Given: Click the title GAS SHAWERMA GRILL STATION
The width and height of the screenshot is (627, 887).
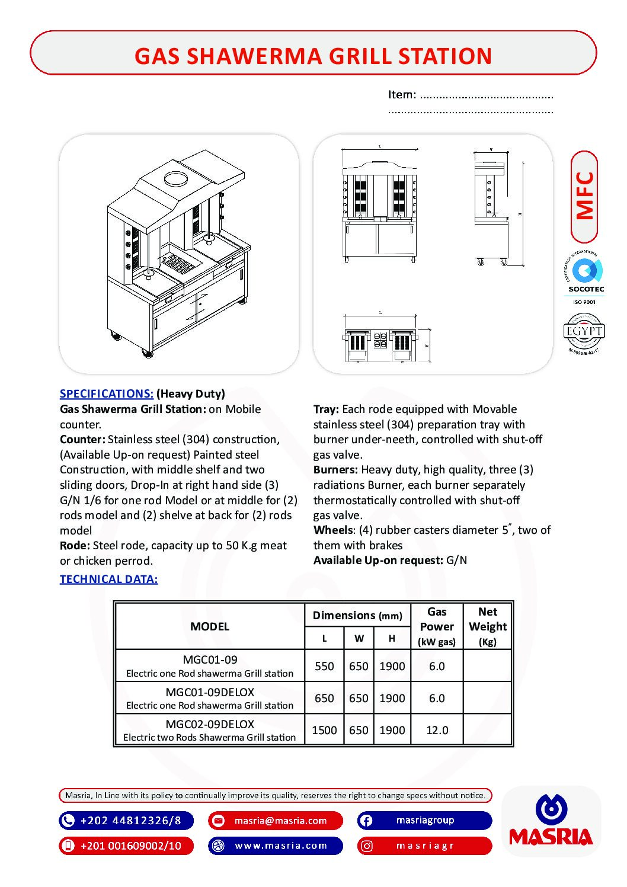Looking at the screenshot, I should (313, 56).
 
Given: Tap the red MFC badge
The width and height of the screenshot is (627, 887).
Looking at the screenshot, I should (584, 196).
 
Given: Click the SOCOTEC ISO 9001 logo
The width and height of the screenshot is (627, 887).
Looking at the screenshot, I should (586, 278).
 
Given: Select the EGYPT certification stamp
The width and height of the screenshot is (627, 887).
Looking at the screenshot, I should (584, 332).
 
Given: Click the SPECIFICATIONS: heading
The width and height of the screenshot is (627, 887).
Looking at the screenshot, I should (107, 393).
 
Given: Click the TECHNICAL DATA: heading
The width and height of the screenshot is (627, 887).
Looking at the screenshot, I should (108, 579).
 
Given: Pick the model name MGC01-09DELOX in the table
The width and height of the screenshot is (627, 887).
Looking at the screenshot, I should (210, 692).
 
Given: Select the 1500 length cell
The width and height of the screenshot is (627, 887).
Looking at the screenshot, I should (324, 730).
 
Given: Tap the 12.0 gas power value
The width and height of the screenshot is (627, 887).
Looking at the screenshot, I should (437, 730).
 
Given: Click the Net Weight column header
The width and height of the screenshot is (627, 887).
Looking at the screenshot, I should (487, 626).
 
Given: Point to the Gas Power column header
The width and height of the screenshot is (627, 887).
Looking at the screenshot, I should (437, 626).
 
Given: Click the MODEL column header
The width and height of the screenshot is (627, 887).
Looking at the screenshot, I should (210, 626).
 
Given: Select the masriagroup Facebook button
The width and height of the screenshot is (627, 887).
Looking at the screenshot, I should (424, 821).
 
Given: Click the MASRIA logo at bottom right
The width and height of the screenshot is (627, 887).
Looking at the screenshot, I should (551, 822).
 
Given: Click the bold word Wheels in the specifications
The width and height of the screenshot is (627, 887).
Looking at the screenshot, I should (332, 530).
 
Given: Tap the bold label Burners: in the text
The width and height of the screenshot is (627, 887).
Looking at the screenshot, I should (335, 469).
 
